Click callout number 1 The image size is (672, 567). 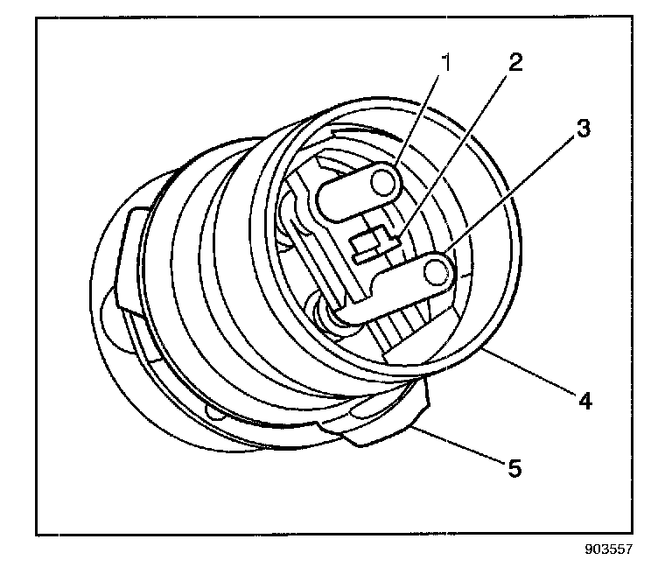(x=448, y=64)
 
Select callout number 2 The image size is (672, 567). (x=515, y=64)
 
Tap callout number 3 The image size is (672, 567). (x=582, y=129)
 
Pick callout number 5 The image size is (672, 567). (x=514, y=468)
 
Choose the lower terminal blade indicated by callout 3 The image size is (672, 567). (x=394, y=289)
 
